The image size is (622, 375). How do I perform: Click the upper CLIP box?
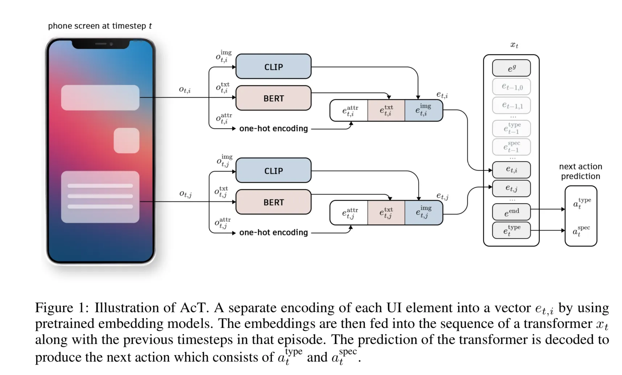273,67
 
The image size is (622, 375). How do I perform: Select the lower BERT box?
273,202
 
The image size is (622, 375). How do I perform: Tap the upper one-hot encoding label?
273,129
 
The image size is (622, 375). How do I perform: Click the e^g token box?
511,68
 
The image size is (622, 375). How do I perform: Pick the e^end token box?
511,212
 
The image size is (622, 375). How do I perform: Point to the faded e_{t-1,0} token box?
511,87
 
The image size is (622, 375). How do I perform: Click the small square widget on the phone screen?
127,141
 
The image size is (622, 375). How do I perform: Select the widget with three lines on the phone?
100,197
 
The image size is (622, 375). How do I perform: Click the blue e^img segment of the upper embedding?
423,111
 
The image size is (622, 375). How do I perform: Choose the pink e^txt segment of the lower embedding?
386,213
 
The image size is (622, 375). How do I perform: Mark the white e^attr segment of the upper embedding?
349,111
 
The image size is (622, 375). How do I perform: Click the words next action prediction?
580,171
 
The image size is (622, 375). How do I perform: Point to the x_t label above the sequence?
514,45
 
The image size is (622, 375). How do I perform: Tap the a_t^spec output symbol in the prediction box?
581,231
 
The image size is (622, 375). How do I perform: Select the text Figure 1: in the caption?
62,308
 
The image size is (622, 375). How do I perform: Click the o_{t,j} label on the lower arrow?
185,194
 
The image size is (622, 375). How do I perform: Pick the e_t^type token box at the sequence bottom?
511,230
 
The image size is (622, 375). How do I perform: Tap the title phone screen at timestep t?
100,26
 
